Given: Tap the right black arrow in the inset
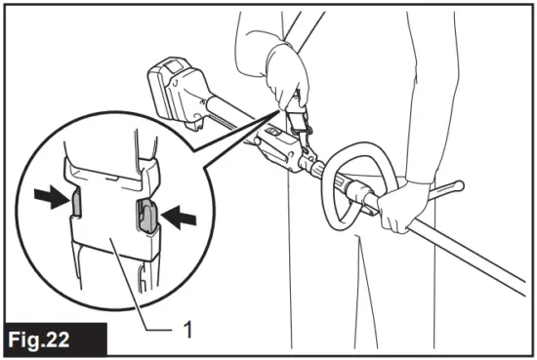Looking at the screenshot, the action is pyautogui.click(x=173, y=220).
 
